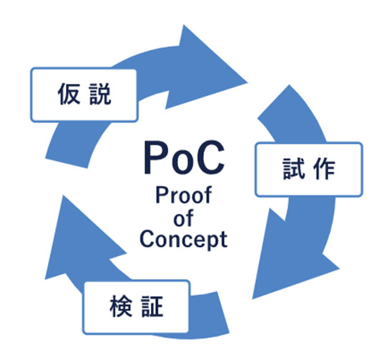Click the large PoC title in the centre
(184, 157)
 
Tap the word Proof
(184, 195)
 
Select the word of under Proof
(183, 218)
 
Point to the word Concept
(183, 239)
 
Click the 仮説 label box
(84, 94)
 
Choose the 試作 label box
(309, 170)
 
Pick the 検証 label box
(136, 306)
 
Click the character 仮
(69, 94)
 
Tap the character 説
(100, 94)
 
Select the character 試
(294, 169)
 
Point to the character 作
(324, 169)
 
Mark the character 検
(121, 306)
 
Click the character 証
(152, 306)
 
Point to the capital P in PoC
(155, 157)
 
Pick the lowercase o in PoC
(182, 162)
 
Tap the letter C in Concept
(147, 239)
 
